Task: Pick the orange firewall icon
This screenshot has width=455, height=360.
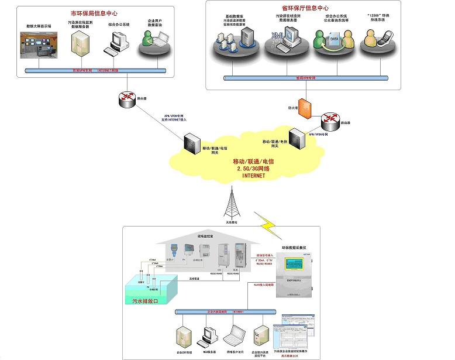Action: (x=303, y=108)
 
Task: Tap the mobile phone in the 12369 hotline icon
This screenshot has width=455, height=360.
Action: (x=372, y=41)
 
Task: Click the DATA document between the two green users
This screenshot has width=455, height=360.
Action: (x=333, y=39)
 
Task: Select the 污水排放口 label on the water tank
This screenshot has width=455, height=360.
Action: (x=146, y=301)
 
